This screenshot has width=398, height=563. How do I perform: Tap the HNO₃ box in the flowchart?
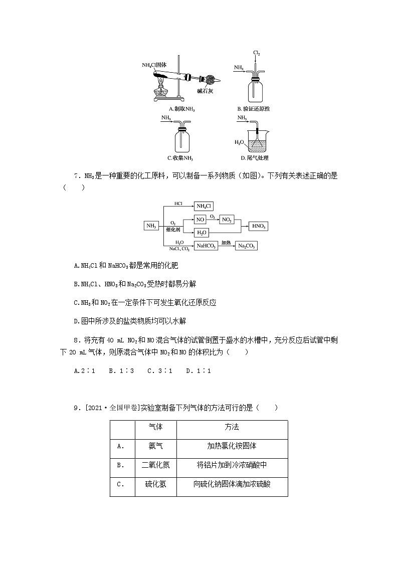click(x=258, y=226)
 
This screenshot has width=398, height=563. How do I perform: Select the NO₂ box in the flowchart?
click(x=227, y=220)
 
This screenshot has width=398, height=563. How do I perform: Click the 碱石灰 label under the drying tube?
click(x=206, y=91)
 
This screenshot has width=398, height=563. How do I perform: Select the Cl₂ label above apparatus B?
click(x=256, y=53)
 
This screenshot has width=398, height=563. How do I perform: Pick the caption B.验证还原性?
click(x=257, y=109)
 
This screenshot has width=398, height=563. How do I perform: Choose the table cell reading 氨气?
click(x=156, y=446)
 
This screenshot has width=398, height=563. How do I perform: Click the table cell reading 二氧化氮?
click(x=156, y=465)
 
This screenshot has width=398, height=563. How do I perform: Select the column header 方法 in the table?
click(x=232, y=427)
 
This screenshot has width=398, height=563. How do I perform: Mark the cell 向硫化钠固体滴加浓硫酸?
click(x=232, y=484)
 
